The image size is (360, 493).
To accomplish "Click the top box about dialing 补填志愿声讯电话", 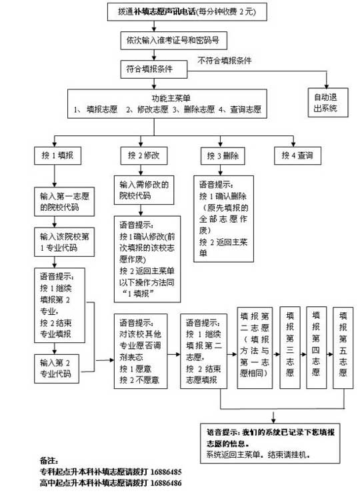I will [181, 12].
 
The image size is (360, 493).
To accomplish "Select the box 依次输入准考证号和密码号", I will [171, 40].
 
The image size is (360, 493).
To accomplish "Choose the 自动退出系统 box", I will [326, 102].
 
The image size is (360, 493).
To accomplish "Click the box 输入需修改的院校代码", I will [145, 190].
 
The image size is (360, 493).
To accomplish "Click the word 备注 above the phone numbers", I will [48, 460].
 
